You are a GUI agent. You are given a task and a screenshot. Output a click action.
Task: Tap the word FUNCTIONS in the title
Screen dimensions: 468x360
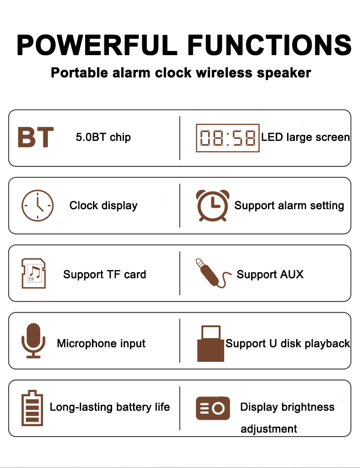(x=269, y=45)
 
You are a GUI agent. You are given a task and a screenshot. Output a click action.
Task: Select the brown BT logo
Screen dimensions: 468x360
(x=36, y=138)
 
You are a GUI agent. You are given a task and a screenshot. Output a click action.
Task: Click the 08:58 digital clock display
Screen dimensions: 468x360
(x=227, y=138)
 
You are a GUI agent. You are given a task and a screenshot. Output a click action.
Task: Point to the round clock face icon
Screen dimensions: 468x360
(x=37, y=206)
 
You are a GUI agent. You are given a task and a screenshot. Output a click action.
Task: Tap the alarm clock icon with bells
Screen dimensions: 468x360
(x=212, y=206)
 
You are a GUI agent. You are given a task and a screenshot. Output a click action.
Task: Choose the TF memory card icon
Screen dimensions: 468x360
(x=34, y=273)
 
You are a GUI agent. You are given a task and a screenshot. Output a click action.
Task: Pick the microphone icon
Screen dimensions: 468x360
(x=33, y=340)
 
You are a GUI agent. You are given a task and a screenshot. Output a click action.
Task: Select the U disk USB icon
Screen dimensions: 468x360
(x=211, y=343)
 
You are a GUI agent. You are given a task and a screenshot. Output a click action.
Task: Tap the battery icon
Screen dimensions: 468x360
(x=32, y=408)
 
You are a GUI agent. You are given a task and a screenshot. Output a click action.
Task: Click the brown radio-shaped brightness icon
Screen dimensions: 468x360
(x=213, y=408)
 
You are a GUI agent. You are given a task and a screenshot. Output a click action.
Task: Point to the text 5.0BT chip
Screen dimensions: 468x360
(x=103, y=137)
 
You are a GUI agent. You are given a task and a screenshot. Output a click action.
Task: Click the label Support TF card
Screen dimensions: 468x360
(x=104, y=274)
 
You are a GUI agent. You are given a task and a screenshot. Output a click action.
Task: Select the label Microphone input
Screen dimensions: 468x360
(x=101, y=343)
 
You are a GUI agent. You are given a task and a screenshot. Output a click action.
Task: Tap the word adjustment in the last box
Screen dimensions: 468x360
(x=269, y=429)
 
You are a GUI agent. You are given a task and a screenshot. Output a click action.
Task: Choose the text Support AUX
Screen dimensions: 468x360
(x=270, y=274)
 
